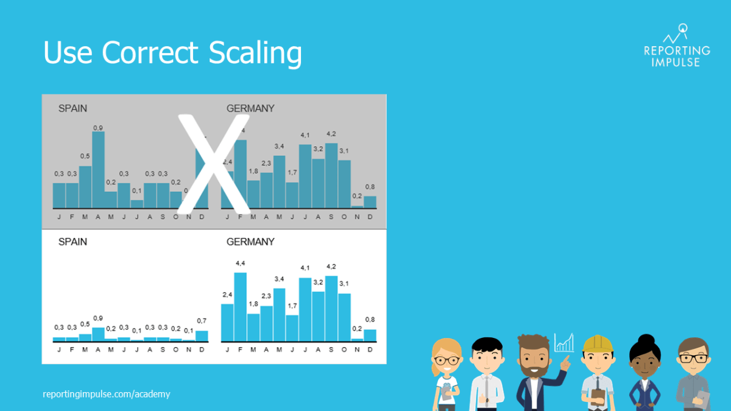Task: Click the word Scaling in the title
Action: (255, 54)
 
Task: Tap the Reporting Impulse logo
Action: (677, 46)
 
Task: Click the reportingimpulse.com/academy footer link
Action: (107, 394)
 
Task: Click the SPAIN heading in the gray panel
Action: (72, 108)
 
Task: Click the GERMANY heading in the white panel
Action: (250, 242)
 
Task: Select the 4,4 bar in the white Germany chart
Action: (240, 307)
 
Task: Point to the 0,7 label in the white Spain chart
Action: (202, 321)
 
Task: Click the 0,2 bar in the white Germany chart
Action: (357, 339)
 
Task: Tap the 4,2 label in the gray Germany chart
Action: (331, 134)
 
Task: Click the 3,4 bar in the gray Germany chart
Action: (279, 181)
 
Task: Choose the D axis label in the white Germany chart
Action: (370, 350)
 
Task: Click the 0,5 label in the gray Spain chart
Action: (85, 156)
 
